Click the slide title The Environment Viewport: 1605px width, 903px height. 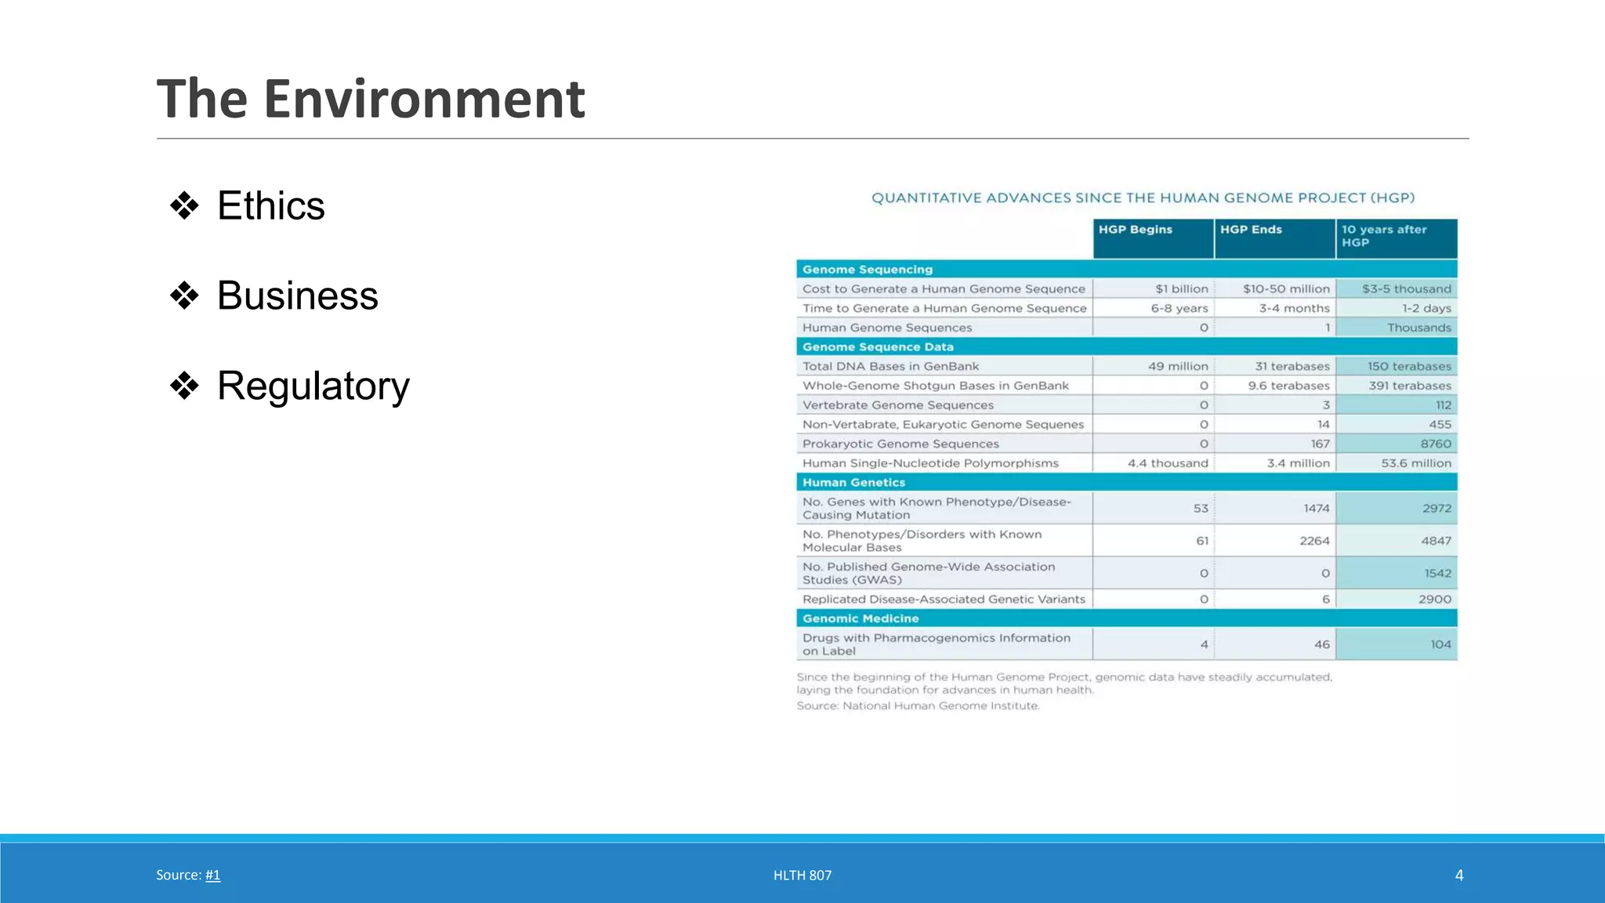371,100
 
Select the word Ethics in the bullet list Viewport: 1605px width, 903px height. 270,206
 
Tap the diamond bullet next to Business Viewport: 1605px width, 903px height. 184,296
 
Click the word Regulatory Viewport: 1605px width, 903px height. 313,386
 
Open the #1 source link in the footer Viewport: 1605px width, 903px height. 212,875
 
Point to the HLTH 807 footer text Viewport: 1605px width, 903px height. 802,875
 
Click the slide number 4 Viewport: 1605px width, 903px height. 1458,875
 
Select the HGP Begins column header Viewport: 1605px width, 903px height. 1135,230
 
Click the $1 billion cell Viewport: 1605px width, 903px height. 1181,289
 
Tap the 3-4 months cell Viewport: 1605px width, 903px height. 1294,309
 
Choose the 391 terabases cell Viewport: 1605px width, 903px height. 1409,386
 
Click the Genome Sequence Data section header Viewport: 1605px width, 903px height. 878,347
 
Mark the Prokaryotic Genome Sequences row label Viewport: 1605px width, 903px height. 900,444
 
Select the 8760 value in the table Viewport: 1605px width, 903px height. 1436,444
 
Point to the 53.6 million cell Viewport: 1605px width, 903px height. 1415,463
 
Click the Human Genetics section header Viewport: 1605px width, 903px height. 853,483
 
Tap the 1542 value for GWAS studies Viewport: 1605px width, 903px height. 1437,573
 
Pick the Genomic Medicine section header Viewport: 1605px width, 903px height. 860,618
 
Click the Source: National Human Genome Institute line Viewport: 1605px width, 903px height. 918,705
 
